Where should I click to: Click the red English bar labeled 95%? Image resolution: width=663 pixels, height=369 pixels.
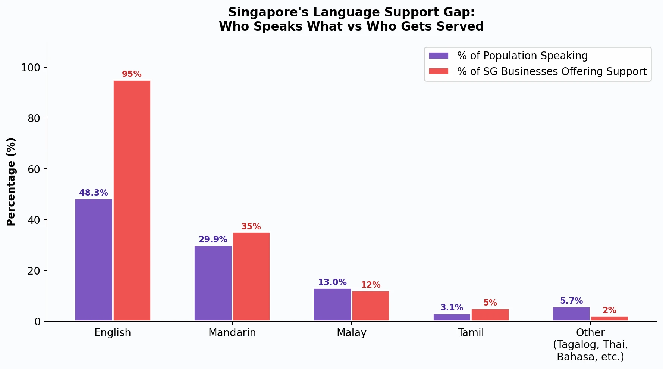pyautogui.click(x=132, y=200)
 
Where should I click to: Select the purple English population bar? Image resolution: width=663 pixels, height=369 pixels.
pyautogui.click(x=94, y=260)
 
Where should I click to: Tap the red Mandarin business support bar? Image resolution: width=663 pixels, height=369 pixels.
pyautogui.click(x=251, y=276)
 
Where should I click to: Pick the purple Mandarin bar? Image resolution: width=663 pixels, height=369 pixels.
pyautogui.click(x=213, y=283)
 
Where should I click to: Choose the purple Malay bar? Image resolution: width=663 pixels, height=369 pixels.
pyautogui.click(x=332, y=304)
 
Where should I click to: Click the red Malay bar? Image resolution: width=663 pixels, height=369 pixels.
pyautogui.click(x=371, y=306)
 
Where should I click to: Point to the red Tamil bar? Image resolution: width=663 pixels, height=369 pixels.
pyautogui.click(x=490, y=315)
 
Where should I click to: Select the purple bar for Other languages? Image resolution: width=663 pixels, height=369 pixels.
pyautogui.click(x=571, y=314)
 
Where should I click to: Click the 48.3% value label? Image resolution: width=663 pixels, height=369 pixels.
pyautogui.click(x=94, y=193)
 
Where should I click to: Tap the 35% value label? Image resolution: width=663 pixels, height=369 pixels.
pyautogui.click(x=251, y=226)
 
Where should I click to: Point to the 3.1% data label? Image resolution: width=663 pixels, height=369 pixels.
pyautogui.click(x=452, y=307)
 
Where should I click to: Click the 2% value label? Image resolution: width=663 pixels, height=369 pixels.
pyautogui.click(x=609, y=310)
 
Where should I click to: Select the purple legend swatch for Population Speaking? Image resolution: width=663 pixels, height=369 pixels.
pyautogui.click(x=439, y=56)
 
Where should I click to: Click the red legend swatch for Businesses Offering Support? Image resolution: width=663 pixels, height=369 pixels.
pyautogui.click(x=439, y=71)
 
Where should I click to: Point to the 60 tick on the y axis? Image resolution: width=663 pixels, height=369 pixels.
pyautogui.click(x=34, y=169)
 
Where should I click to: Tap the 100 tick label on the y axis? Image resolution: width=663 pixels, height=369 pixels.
pyautogui.click(x=31, y=68)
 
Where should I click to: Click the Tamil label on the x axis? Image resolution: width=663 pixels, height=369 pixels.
pyautogui.click(x=471, y=332)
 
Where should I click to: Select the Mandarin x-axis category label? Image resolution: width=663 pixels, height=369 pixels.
pyautogui.click(x=232, y=332)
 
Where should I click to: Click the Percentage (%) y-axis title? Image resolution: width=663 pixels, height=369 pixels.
pyautogui.click(x=11, y=182)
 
